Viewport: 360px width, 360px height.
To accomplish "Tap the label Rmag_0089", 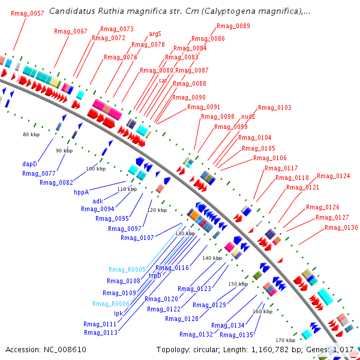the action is pyautogui.click(x=233, y=26).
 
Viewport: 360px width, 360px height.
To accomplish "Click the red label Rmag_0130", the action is pyautogui.click(x=341, y=227).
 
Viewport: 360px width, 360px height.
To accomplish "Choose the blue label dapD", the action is pyautogui.click(x=30, y=163).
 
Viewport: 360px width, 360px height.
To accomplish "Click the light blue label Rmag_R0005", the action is pyautogui.click(x=127, y=269).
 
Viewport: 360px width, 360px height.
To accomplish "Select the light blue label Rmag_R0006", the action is pyautogui.click(x=111, y=304).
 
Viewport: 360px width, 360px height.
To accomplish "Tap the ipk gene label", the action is pyautogui.click(x=118, y=313).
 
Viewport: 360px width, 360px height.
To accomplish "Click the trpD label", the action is pyautogui.click(x=155, y=275).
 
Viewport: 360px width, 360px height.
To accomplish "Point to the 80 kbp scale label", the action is pyautogui.click(x=31, y=134).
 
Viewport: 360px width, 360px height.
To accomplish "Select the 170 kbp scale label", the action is pyautogui.click(x=285, y=340).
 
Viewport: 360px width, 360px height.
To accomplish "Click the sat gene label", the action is pyautogui.click(x=163, y=80).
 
